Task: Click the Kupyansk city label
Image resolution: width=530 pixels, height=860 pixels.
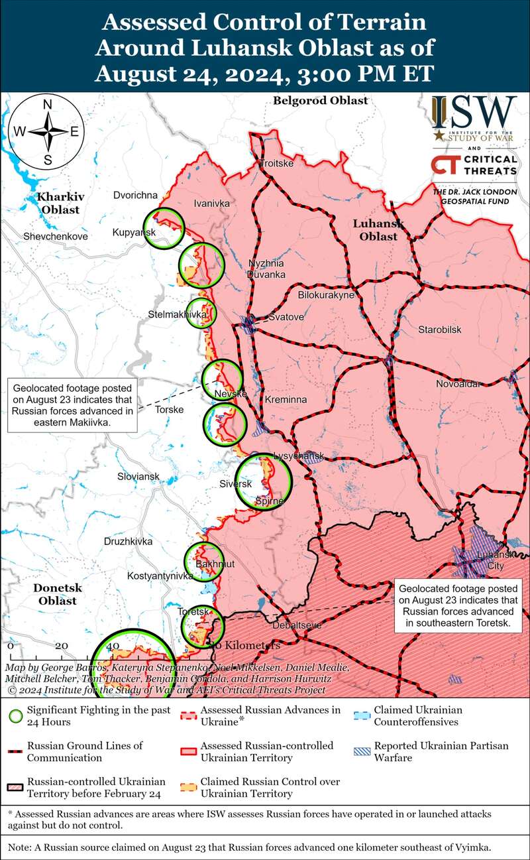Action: [x=134, y=233]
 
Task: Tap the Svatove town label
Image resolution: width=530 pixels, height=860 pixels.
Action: [x=286, y=318]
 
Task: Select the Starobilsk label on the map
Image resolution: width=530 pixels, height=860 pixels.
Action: [x=439, y=330]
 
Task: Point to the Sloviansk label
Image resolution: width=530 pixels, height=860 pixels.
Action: [x=138, y=477]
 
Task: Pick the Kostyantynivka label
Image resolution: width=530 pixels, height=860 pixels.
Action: [x=159, y=576]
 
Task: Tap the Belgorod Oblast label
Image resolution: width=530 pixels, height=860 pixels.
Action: [x=320, y=101]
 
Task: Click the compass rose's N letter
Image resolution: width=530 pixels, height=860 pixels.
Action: [x=48, y=105]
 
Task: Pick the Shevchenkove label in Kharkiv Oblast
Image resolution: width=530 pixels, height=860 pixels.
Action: [x=55, y=236]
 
